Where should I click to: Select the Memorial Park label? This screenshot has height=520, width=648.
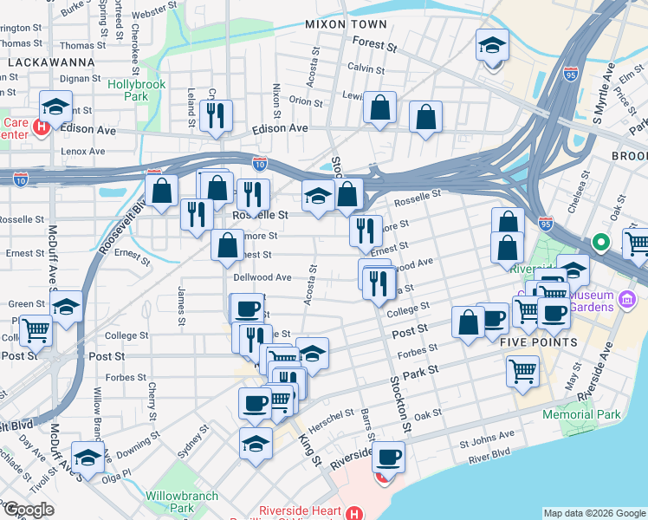581,414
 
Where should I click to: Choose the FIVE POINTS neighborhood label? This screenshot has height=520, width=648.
538,342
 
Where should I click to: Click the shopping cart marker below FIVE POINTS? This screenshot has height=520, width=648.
522,371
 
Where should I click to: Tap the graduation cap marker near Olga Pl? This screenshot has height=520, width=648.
87,456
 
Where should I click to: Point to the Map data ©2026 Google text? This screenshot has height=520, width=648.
594,513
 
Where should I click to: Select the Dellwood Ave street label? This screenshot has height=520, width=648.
262,277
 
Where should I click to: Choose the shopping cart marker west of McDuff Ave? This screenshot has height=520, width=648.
36,330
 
